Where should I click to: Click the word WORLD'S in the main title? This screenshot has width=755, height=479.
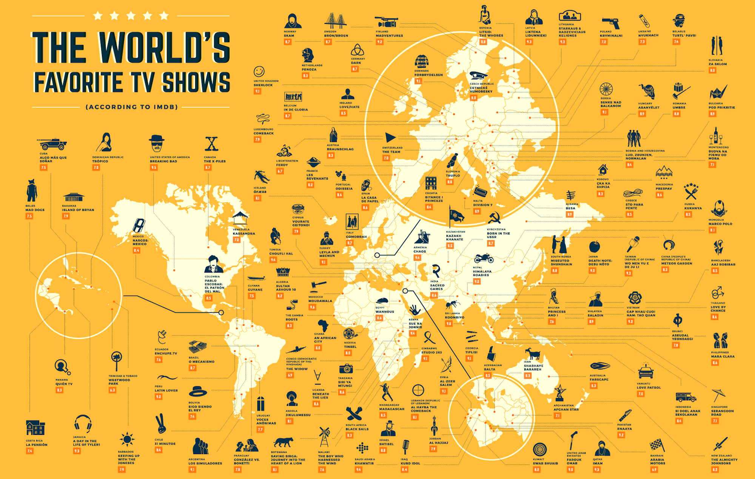pos(165,48)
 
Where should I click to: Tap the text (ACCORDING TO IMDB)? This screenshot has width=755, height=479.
pos(132,107)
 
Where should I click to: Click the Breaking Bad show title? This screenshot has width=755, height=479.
pos(163,161)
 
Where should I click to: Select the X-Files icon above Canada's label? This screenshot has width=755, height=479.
pos(212,144)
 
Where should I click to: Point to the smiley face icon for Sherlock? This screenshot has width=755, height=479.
pos(259,71)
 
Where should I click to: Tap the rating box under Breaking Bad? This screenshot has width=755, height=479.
pos(154,168)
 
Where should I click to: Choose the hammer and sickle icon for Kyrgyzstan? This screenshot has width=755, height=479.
pos(494,218)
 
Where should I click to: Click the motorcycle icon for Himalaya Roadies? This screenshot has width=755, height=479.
pos(484,259)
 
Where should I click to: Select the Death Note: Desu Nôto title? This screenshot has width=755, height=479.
pos(600,263)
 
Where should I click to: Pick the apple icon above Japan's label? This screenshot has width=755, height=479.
pos(595,247)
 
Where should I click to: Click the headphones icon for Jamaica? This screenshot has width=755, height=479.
pos(83,424)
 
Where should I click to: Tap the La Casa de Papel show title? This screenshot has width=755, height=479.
pos(370,200)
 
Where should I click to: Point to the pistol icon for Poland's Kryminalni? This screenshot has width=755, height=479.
pos(611,23)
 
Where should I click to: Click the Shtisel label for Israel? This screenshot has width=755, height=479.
pos(387,444)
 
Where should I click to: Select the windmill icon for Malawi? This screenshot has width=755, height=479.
pos(324,437)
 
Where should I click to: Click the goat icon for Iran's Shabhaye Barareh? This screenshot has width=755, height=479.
pos(533,354)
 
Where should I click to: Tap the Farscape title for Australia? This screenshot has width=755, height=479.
pos(599,379)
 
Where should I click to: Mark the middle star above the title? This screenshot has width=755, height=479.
pos(131,16)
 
